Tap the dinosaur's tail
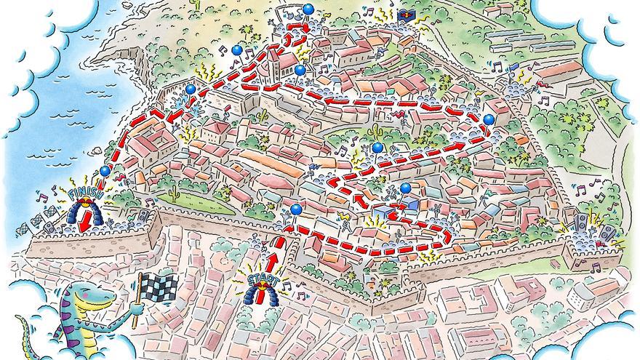[22, 338]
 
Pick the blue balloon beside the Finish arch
[105, 172]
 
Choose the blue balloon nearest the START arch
[295, 210]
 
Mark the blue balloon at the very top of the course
[308, 9]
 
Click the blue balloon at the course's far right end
[489, 119]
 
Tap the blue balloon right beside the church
[300, 70]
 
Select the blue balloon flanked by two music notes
[236, 51]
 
